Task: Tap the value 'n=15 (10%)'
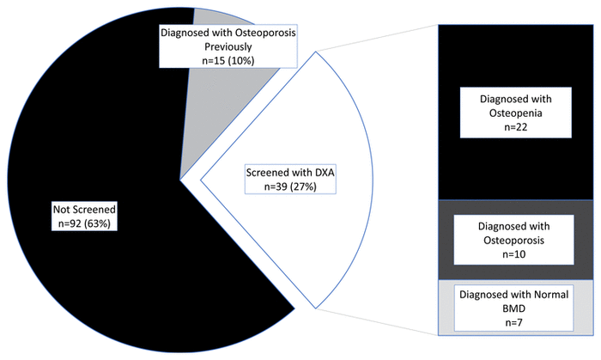coord(228,59)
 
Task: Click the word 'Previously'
coord(228,46)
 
